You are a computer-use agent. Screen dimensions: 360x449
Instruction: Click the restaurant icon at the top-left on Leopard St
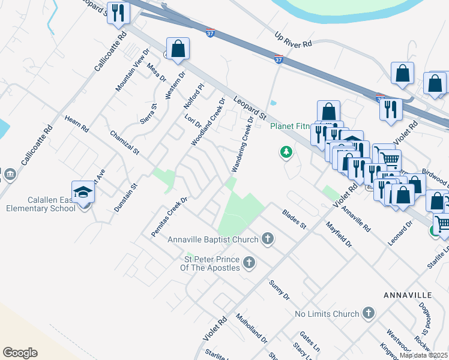pyautogui.click(x=118, y=13)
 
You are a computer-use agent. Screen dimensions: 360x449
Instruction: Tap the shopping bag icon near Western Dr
pyautogui.click(x=178, y=49)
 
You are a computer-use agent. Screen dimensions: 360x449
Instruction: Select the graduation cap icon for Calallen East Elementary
pyautogui.click(x=83, y=191)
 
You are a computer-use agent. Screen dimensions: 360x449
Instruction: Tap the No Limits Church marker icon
pyautogui.click(x=369, y=313)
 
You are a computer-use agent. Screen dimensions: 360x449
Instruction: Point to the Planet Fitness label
pyautogui.click(x=291, y=126)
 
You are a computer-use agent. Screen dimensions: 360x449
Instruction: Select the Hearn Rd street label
pyautogui.click(x=76, y=124)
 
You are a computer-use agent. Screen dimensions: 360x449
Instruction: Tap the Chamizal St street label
pyautogui.click(x=124, y=142)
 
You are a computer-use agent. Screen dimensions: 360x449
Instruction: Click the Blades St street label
pyautogui.click(x=294, y=219)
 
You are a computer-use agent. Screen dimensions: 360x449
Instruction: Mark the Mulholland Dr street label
pyautogui.click(x=252, y=328)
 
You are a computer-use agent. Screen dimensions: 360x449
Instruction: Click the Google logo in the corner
pyautogui.click(x=20, y=352)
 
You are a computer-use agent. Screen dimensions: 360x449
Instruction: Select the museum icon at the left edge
pyautogui.click(x=9, y=174)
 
